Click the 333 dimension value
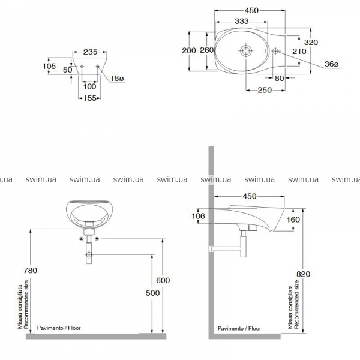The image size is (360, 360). (x=242, y=22)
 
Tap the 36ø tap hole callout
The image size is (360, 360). (x=331, y=64)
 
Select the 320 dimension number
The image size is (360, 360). (x=311, y=42)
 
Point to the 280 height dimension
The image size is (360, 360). (x=189, y=50)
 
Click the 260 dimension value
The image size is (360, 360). (x=206, y=50)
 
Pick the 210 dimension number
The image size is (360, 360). (x=299, y=51)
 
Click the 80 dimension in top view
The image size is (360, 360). (x=279, y=78)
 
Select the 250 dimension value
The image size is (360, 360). (x=265, y=90)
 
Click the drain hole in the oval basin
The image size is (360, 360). (x=246, y=50)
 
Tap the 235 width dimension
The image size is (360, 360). (x=90, y=52)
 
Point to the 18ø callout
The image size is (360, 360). (x=117, y=79)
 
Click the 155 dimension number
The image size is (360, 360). (x=89, y=98)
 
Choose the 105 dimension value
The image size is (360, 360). (x=49, y=66)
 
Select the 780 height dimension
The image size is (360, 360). (x=30, y=271)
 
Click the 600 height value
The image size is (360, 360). (x=163, y=280)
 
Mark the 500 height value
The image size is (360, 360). (x=152, y=293)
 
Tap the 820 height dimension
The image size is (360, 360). (x=303, y=274)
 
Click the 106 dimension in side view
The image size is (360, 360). (x=198, y=216)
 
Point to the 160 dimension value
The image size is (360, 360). (x=293, y=220)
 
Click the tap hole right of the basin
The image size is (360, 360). (x=275, y=51)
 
